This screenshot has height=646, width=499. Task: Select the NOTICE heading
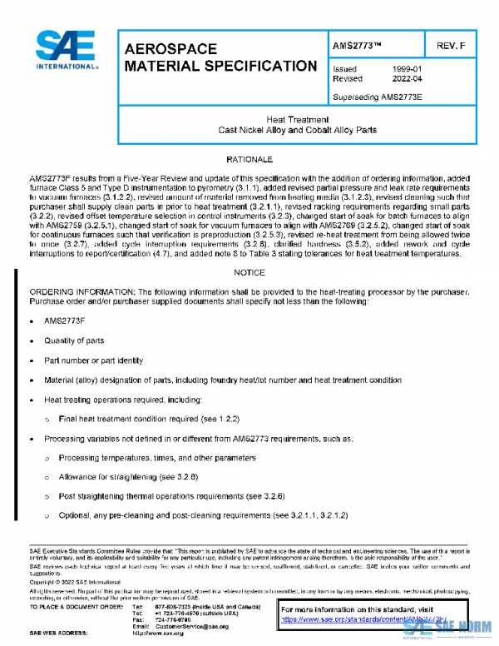[x=249, y=272]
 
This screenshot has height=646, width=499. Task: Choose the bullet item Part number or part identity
[x=93, y=360]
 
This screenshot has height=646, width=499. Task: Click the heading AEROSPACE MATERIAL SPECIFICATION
[x=220, y=57]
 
